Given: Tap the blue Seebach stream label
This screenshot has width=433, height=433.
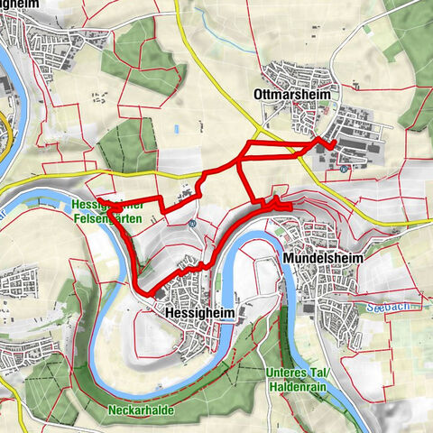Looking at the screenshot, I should pos(390,308).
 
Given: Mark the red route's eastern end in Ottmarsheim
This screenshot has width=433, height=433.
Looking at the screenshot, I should pos(333,145).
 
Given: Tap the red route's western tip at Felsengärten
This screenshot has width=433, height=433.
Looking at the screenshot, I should pos(98,199).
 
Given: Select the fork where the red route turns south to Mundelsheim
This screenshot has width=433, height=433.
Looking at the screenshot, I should pos(241,161).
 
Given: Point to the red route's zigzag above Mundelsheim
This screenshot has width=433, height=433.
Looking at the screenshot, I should pos(276,203).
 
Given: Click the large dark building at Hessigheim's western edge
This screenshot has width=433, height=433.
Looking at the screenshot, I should pos(160,292).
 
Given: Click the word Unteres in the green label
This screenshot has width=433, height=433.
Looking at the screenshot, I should pos(289,373).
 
